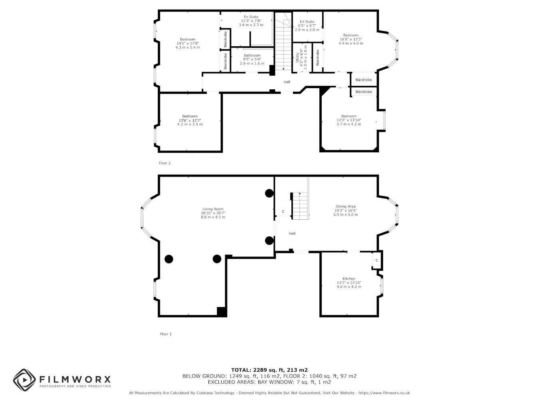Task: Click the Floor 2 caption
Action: pos(164,163)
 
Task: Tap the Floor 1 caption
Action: pos(166,334)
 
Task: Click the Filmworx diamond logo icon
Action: pos(24,380)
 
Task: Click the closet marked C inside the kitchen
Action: pos(377,260)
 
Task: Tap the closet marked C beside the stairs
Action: pos(283,211)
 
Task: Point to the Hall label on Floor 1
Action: pos(292,233)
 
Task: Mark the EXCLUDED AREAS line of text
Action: pos(269,382)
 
